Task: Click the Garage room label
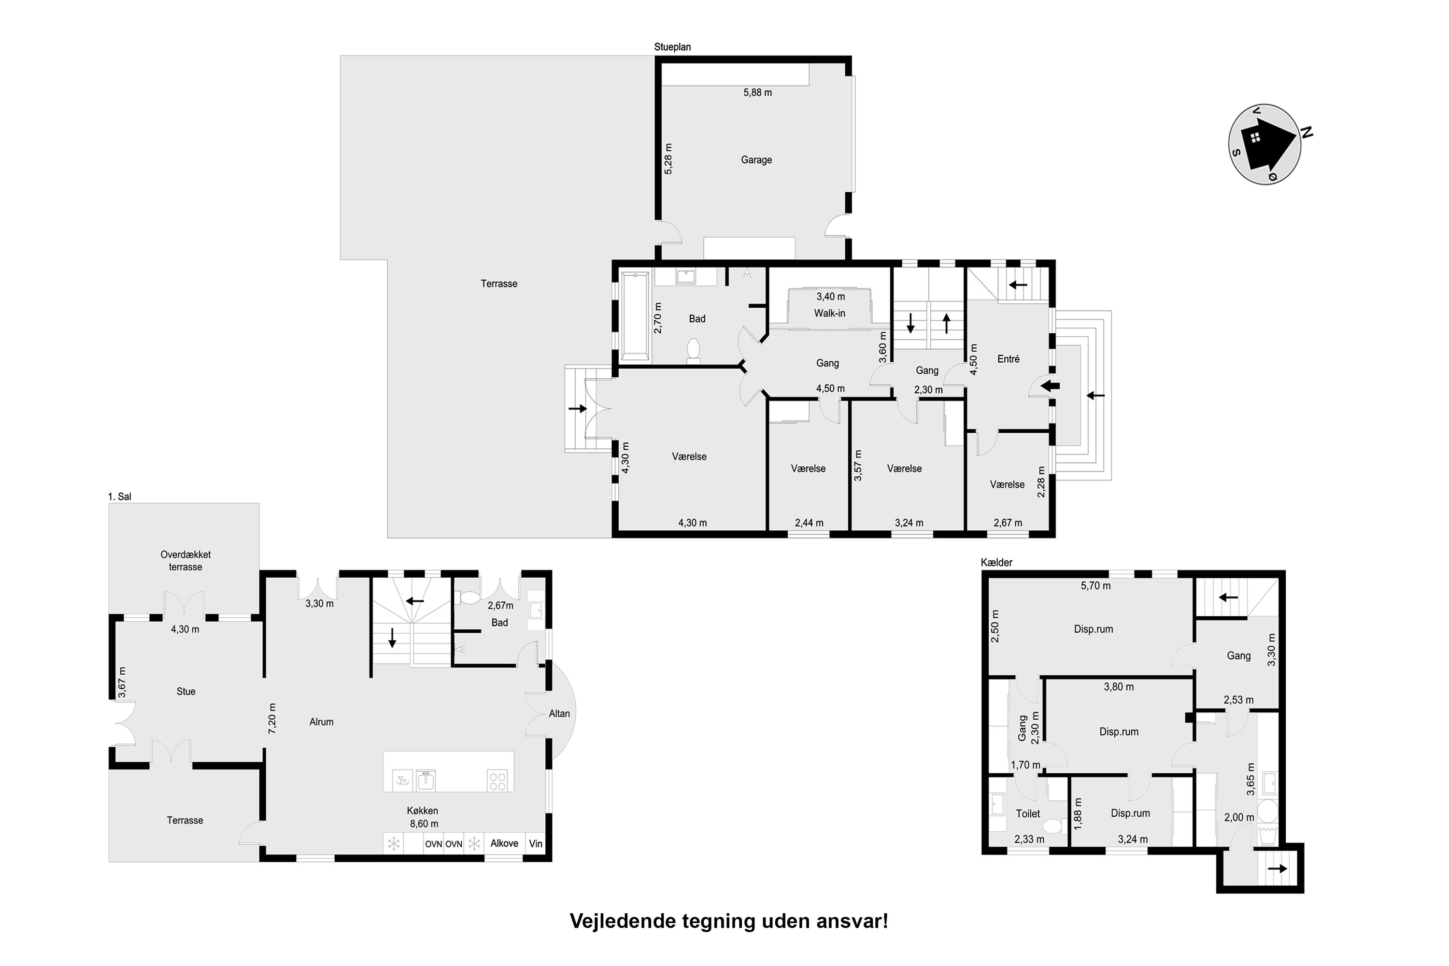pos(756,160)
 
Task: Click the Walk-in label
pos(829,313)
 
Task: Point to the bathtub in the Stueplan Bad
pos(636,316)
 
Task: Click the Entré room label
pos(1009,359)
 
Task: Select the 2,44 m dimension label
pos(809,523)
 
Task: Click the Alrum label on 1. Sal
pos(322,722)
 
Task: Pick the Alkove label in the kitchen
pos(504,843)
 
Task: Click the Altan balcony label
pos(559,713)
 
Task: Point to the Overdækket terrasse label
pos(185,561)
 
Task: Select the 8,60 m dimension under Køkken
pos(424,824)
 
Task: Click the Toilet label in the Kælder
pos(1028,814)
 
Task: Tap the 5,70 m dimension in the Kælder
pos(1095,586)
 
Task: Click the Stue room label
pos(186,692)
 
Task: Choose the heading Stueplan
pos(673,47)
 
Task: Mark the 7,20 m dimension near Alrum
pos(272,718)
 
